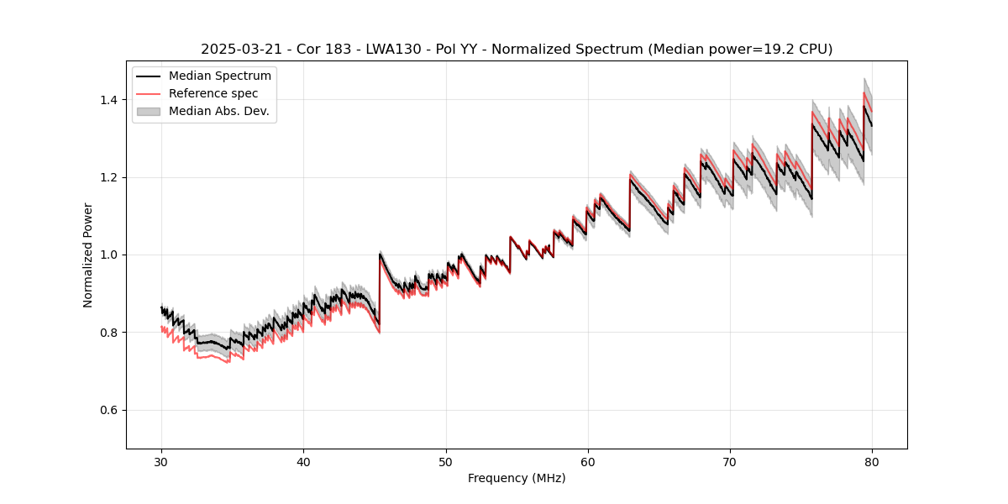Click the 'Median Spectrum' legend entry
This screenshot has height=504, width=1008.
220,76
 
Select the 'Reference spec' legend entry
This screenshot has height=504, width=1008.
213,93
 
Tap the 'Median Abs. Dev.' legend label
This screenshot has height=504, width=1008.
219,111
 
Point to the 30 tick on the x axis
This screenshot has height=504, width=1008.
162,462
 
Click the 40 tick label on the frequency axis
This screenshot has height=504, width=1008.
304,462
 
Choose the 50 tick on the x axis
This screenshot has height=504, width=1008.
446,462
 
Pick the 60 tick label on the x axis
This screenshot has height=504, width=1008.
588,462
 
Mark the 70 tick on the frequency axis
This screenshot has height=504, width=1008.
730,462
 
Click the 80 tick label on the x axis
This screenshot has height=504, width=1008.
872,462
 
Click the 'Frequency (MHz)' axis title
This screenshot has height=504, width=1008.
517,478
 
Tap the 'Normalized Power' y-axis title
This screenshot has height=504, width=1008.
88,255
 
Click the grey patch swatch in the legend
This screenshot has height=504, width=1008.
148,111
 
